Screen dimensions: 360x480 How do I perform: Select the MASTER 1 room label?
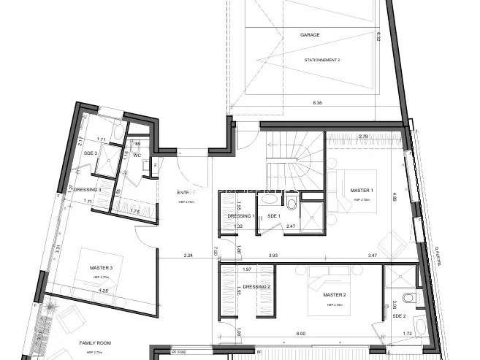(x=362, y=191)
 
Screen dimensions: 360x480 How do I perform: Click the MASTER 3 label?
(x=101, y=268)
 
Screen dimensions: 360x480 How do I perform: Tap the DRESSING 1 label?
(x=240, y=216)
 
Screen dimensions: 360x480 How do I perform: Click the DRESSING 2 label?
(x=256, y=287)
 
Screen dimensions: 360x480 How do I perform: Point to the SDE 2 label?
(x=398, y=316)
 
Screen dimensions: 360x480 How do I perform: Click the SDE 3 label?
(x=91, y=153)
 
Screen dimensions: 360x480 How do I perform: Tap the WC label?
(x=136, y=155)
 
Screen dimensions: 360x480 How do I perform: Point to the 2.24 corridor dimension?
(x=188, y=256)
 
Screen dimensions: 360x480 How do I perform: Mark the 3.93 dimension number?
(x=273, y=256)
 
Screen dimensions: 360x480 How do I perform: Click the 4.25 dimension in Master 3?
(x=104, y=291)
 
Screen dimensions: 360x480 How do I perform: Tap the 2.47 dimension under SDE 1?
(x=290, y=227)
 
